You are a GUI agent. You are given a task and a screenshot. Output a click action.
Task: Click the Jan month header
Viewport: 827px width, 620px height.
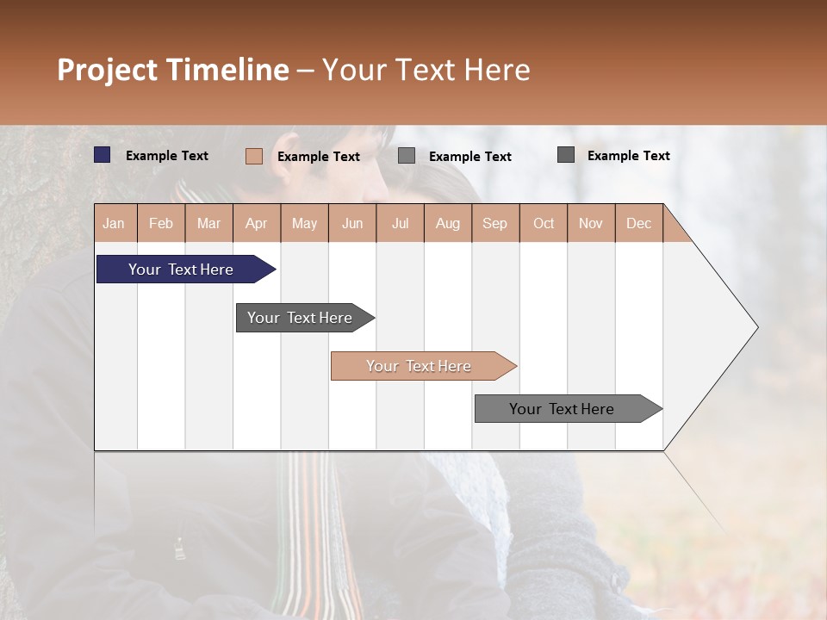pos(114,224)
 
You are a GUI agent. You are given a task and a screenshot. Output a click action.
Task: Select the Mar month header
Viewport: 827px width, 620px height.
pos(208,224)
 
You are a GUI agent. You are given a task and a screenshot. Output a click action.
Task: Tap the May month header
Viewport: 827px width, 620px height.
pos(304,224)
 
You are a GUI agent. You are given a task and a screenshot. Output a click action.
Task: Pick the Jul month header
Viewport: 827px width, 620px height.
pos(400,224)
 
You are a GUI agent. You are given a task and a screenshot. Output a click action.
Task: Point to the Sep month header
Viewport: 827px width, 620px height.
pos(494,224)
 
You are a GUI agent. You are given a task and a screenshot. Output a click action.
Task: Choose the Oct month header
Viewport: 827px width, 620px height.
pos(544,224)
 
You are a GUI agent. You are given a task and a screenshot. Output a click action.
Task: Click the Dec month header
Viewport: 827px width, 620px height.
pos(638,224)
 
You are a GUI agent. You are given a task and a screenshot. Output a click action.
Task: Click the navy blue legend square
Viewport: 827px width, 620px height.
pos(103,155)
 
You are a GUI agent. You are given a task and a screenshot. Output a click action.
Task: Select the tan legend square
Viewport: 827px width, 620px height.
pos(254,156)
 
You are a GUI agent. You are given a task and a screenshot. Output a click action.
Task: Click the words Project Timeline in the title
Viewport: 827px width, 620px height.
pos(172,70)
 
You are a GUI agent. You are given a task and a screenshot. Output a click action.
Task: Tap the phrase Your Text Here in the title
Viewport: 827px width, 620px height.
pos(426,70)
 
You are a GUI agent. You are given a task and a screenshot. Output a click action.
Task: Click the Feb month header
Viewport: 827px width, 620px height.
pos(161,224)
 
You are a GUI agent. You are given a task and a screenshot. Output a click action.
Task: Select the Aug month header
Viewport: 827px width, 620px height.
pos(447,224)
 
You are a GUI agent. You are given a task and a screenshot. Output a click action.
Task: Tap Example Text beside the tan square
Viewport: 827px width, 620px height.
pos(318,157)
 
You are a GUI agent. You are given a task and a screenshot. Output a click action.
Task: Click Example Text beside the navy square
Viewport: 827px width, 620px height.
pos(166,156)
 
